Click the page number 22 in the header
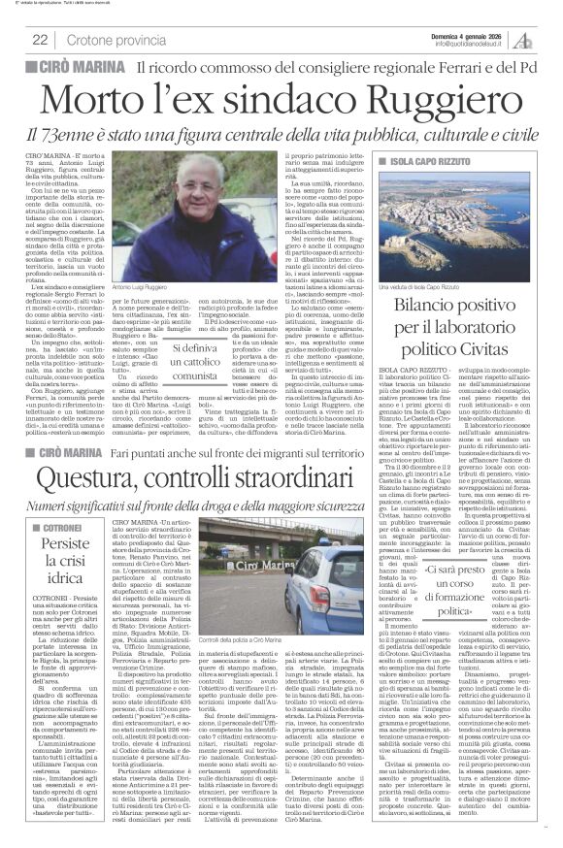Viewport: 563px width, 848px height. [40, 39]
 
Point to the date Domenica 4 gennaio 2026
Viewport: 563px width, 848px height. [471, 34]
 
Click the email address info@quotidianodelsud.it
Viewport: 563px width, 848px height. [471, 44]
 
